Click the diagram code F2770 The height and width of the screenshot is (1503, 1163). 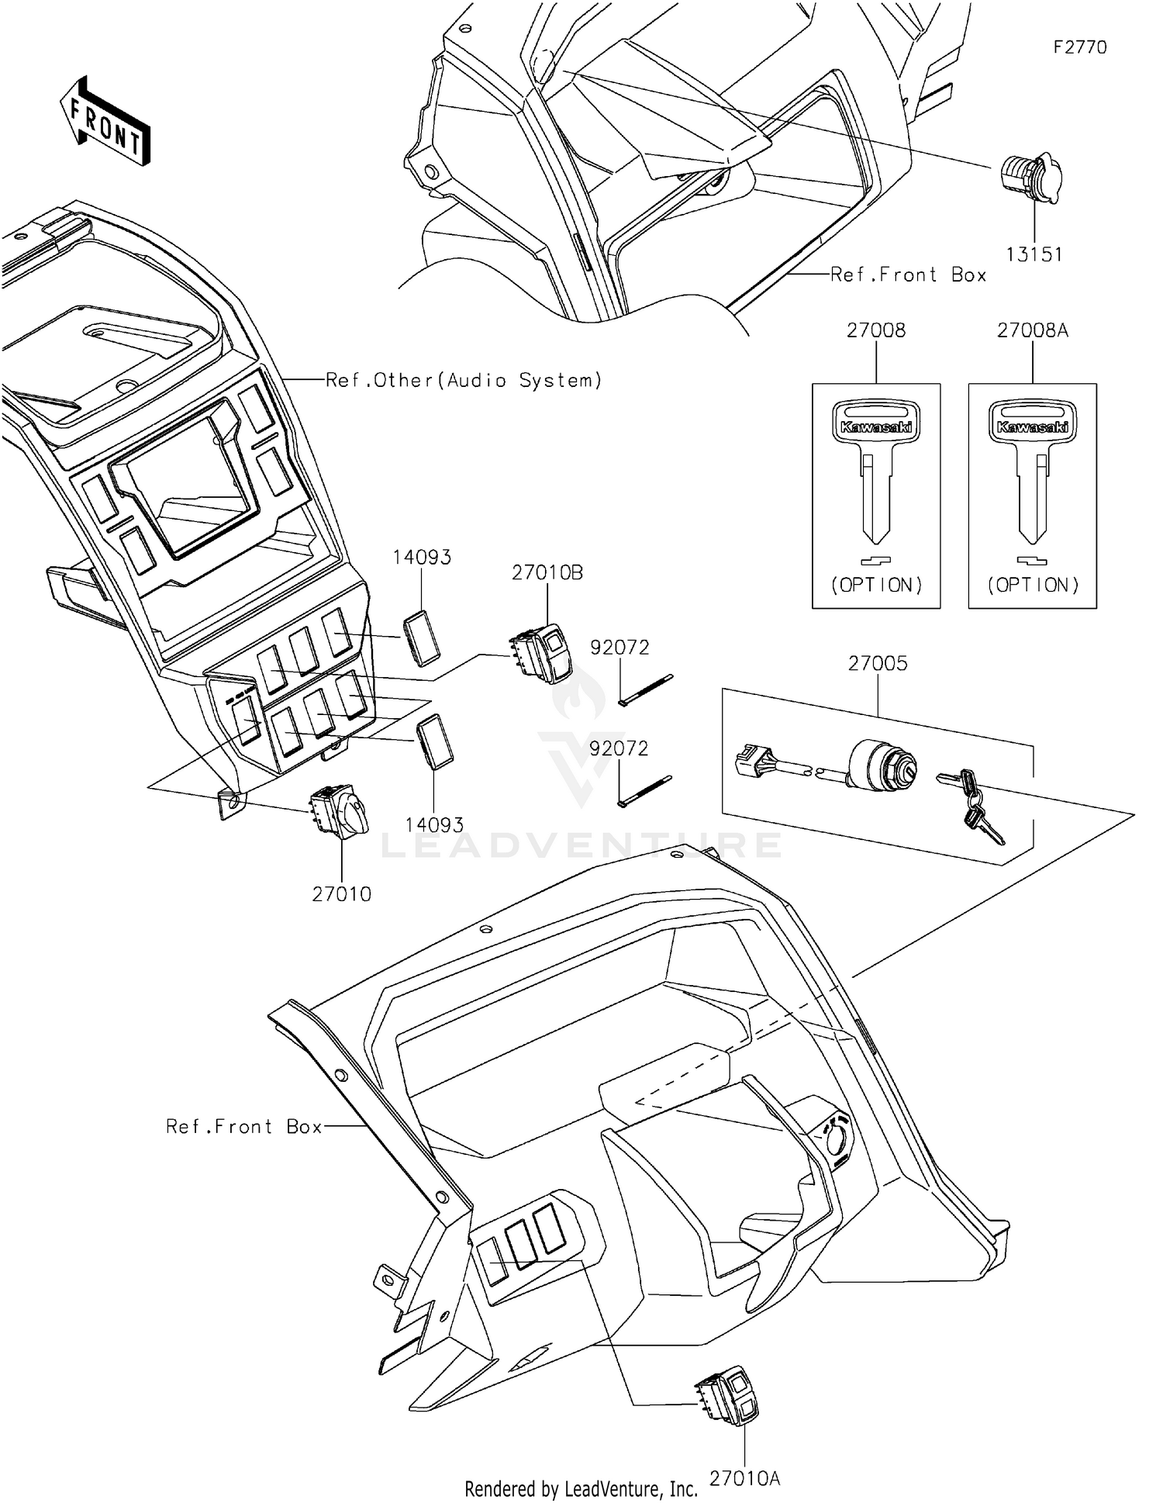pos(1079,47)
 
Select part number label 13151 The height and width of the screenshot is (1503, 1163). pos(1034,254)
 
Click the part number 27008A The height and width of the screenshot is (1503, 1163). pos(1032,330)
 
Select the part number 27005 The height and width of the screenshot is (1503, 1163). pos(877,664)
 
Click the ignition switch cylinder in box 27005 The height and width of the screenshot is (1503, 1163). pos(884,764)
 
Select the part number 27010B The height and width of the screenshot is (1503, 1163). pos(547,573)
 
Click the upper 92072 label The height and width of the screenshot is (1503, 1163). pos(619,648)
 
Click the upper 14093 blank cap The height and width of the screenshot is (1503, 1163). pos(421,637)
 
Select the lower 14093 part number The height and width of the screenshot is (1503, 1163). pos(434,825)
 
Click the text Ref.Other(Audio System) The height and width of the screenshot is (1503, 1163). pos(463,380)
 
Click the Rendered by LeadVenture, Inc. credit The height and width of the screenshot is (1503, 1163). pos(581,1488)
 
